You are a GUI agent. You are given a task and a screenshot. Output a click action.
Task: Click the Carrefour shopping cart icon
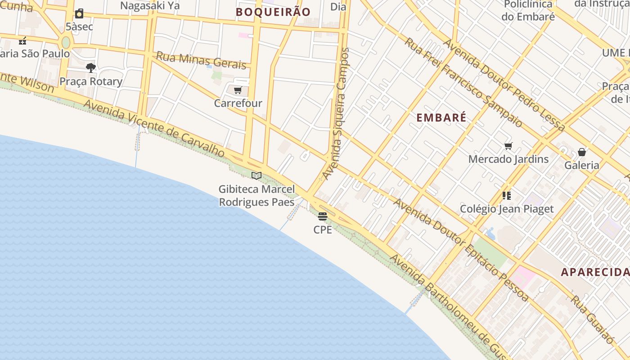tap(238, 90)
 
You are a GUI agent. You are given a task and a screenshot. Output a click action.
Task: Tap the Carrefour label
tap(238, 103)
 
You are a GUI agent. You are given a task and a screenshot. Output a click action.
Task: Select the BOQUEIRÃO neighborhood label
tap(273, 12)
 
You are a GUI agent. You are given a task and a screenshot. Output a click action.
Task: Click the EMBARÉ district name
tap(441, 118)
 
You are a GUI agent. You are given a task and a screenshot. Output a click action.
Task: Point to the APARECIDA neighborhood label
tap(595, 272)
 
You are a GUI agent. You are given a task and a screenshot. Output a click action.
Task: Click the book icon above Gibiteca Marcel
tap(256, 175)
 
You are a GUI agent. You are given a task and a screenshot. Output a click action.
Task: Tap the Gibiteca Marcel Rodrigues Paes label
tap(256, 196)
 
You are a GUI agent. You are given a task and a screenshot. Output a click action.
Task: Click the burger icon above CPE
tap(323, 216)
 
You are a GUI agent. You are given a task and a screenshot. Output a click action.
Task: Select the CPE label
tap(323, 229)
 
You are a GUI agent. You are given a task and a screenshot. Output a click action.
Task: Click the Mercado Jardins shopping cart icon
tap(508, 146)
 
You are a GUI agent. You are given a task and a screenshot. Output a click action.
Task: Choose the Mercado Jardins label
tap(508, 159)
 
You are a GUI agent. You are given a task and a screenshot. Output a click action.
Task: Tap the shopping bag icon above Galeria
tap(582, 152)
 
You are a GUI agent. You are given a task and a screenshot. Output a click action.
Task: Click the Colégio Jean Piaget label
tap(507, 209)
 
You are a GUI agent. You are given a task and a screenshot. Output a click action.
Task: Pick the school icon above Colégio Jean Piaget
tap(507, 196)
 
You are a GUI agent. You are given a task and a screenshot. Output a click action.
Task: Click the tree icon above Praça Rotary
tap(91, 68)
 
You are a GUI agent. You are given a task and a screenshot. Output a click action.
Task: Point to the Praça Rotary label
tap(91, 81)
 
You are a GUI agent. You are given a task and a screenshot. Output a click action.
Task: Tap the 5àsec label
tap(79, 27)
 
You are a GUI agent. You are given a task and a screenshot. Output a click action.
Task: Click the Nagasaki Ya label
tap(150, 5)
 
